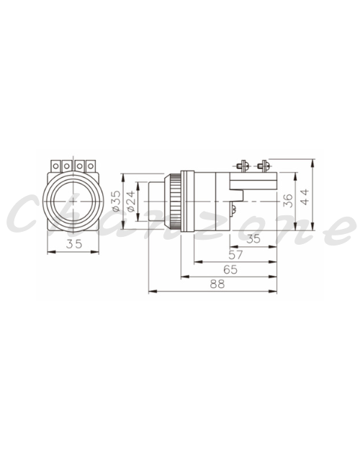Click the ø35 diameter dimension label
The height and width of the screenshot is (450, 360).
point(117,201)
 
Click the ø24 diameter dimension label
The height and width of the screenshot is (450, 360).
point(131,201)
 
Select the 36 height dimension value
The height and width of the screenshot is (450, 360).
point(288,201)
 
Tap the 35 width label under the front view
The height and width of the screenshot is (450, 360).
point(74,244)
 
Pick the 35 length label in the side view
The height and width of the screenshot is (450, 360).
point(253,239)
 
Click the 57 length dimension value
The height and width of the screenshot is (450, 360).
point(235,255)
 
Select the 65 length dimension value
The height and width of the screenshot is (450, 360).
point(230,269)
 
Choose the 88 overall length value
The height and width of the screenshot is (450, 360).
point(217,284)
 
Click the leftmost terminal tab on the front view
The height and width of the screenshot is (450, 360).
point(55,166)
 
